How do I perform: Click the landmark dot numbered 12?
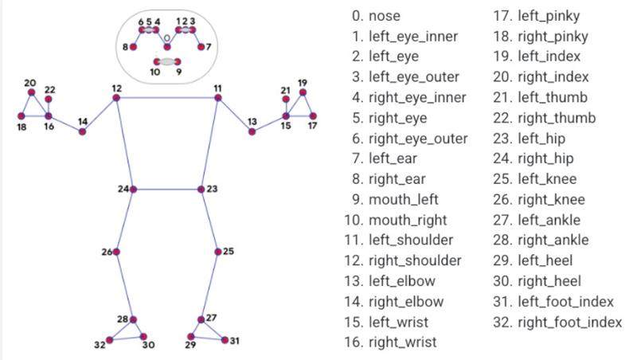(x=116, y=97)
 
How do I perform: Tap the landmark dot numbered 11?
(x=217, y=97)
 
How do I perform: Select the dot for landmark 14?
(x=83, y=131)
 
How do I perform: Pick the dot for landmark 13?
(x=252, y=131)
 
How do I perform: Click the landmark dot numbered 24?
(x=133, y=190)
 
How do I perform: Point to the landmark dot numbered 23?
(x=201, y=190)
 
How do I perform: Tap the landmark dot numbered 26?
(x=116, y=252)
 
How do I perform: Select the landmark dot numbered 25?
(x=217, y=252)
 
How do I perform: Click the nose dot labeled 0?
(x=167, y=47)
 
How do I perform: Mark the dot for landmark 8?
(x=133, y=47)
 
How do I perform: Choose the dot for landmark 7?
(x=201, y=47)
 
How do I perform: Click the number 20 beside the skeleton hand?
(x=30, y=83)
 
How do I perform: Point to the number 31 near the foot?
(x=234, y=341)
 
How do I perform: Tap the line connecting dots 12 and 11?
(x=167, y=97)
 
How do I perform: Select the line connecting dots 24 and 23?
(x=167, y=190)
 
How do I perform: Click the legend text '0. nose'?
(x=376, y=16)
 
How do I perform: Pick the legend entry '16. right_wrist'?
(x=390, y=342)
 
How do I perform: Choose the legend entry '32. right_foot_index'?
(x=557, y=323)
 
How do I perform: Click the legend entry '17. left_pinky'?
(x=536, y=16)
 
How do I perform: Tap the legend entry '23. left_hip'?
(x=529, y=139)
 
